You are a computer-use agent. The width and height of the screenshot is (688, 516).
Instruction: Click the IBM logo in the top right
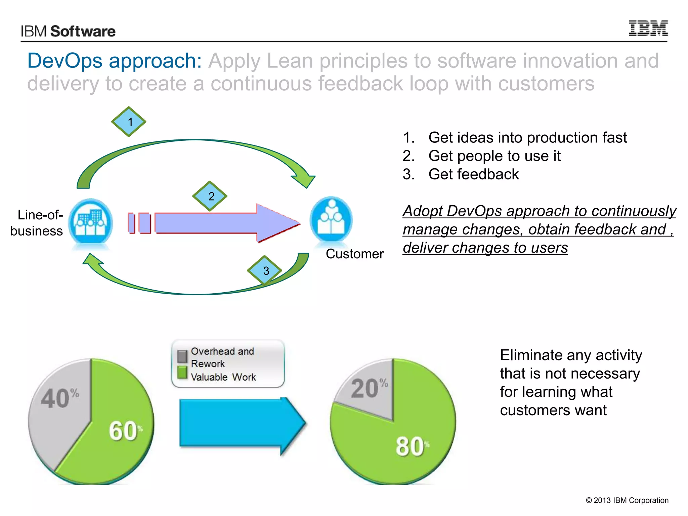648,28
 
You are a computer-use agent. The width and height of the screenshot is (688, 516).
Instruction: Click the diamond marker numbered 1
129,122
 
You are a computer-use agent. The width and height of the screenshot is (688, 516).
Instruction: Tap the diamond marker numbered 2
210,196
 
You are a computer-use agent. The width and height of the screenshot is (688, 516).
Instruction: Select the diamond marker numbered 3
265,270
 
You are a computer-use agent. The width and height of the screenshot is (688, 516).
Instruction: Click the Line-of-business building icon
90,222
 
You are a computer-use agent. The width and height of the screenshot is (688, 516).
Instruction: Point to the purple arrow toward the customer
215,223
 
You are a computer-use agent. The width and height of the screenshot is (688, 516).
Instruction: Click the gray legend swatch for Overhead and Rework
182,356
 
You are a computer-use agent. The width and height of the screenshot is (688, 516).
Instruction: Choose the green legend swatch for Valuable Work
182,372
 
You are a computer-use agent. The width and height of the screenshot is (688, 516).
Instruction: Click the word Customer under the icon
354,254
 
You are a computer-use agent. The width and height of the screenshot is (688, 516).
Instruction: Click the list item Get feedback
473,174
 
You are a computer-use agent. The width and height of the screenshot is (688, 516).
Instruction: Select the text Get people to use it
494,156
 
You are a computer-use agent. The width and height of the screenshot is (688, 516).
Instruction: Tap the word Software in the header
83,31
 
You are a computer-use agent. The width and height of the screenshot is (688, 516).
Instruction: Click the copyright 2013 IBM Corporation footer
627,500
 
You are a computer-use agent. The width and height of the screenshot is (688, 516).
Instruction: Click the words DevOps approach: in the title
115,61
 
